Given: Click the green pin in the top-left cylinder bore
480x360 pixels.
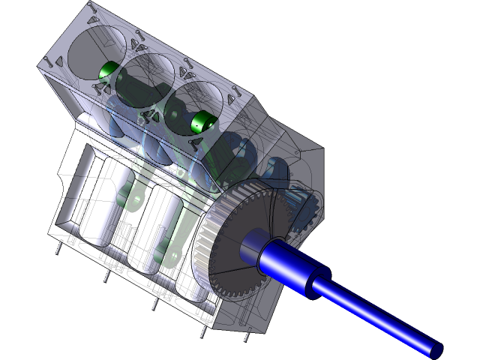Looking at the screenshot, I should pos(107,71).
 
